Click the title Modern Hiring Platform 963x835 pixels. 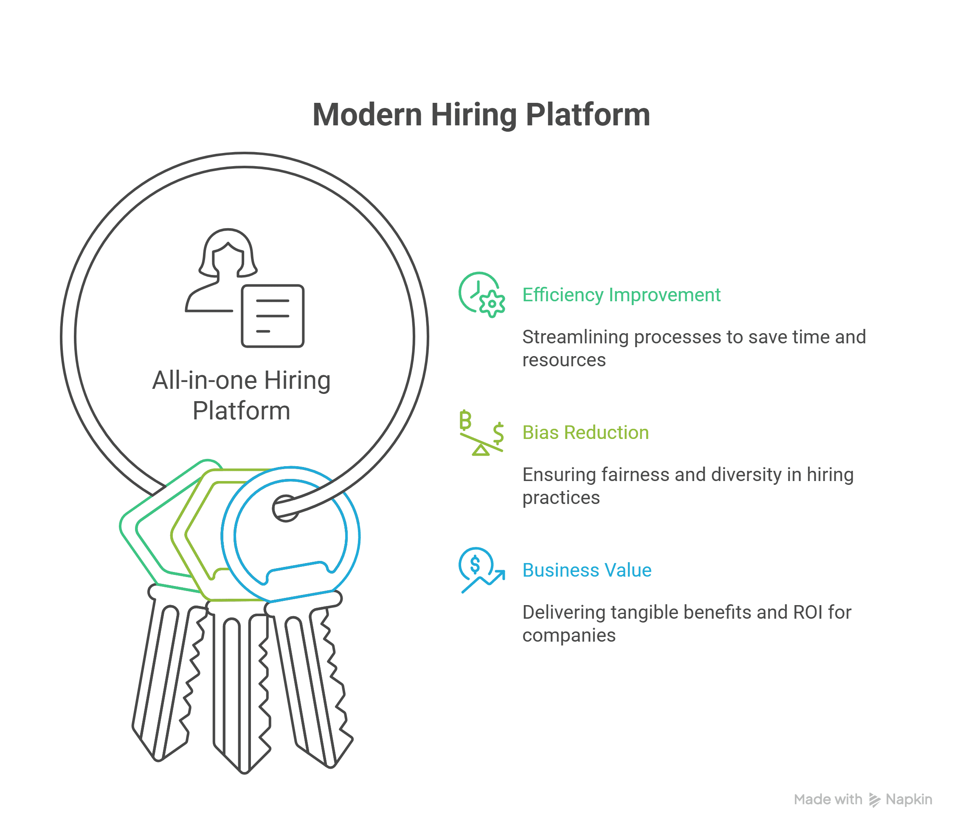pyautogui.click(x=481, y=115)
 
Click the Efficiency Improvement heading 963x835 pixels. pyautogui.click(x=621, y=295)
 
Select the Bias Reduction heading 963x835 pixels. pyautogui.click(x=586, y=433)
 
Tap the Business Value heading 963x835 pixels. pyautogui.click(x=587, y=570)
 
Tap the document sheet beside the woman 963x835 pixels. pyautogui.click(x=273, y=316)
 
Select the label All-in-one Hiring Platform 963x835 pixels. pyautogui.click(x=241, y=395)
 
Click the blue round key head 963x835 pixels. pyautogui.click(x=291, y=536)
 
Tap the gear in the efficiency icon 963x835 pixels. pyautogui.click(x=492, y=304)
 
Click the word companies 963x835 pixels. pyautogui.click(x=569, y=635)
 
